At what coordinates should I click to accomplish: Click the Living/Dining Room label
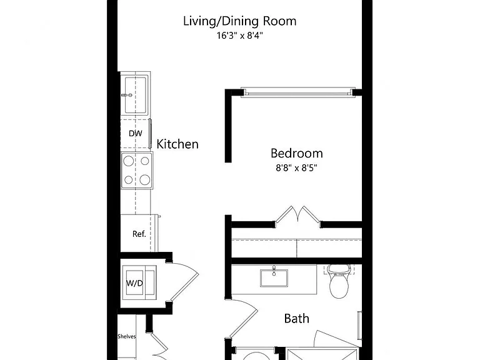[240, 21]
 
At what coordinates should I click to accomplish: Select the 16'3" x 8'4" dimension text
[240, 36]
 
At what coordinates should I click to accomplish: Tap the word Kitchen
[177, 144]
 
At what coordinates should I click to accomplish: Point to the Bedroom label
[297, 153]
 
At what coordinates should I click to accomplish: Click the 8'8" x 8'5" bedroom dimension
[296, 167]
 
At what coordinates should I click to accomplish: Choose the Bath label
[297, 319]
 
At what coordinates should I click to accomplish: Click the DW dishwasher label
[135, 134]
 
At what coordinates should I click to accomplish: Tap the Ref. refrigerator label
[139, 234]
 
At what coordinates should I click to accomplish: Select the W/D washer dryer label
[134, 283]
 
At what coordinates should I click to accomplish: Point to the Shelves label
[126, 336]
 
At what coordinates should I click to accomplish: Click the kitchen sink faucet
[127, 95]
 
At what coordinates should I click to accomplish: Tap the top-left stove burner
[129, 161]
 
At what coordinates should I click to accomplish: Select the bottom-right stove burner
[145, 180]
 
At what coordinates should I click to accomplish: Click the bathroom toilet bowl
[339, 286]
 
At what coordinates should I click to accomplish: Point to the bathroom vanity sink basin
[274, 278]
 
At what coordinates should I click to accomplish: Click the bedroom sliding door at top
[298, 92]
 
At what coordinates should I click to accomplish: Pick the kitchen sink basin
[136, 94]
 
